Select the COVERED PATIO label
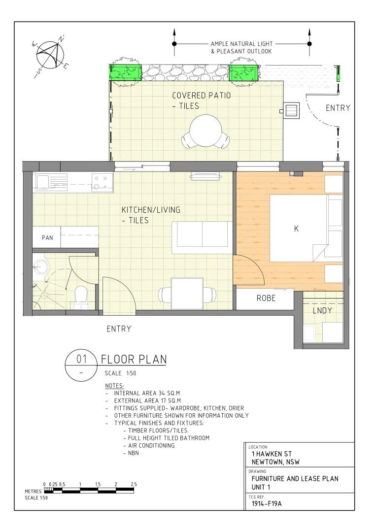(x=201, y=96)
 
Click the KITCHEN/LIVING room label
(x=151, y=210)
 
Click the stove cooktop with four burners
(x=103, y=183)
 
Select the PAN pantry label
(x=47, y=238)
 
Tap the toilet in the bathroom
(x=80, y=297)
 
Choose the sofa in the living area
(x=202, y=235)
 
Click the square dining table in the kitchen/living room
(x=187, y=294)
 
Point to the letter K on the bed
(x=296, y=229)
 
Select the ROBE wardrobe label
(x=266, y=299)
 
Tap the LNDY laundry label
(x=322, y=311)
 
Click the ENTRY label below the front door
(x=119, y=329)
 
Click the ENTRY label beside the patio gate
(x=338, y=108)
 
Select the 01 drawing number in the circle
(x=82, y=360)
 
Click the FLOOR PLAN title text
(x=134, y=360)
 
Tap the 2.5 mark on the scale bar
(x=134, y=485)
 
